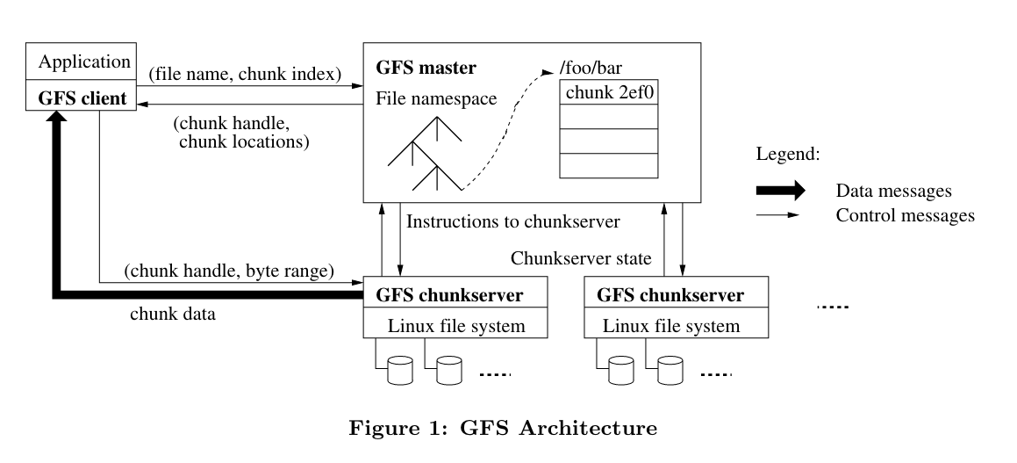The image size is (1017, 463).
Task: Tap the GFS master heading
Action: (x=426, y=67)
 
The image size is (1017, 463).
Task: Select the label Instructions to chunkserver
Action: (x=513, y=222)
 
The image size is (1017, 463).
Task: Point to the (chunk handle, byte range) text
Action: (x=229, y=271)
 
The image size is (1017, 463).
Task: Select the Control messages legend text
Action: (x=905, y=215)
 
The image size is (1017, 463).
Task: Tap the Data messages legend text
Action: (x=894, y=191)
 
